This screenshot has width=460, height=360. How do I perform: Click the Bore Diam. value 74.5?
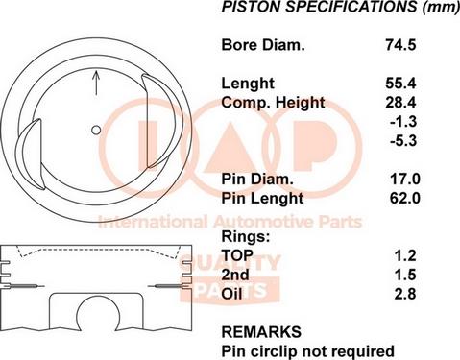click(x=400, y=44)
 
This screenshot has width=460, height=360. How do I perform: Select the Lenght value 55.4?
click(x=400, y=84)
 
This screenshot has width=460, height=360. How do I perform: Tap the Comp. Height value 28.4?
click(x=400, y=103)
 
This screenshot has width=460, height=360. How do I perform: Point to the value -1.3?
click(x=403, y=122)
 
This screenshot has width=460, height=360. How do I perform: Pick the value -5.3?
click(x=403, y=141)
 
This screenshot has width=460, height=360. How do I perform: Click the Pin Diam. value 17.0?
click(x=404, y=179)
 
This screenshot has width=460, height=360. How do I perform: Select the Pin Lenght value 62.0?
click(x=404, y=198)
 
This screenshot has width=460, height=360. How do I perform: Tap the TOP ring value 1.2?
click(x=405, y=255)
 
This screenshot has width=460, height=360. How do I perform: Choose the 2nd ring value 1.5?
click(x=405, y=275)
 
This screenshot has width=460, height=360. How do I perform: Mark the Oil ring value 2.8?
click(x=405, y=294)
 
